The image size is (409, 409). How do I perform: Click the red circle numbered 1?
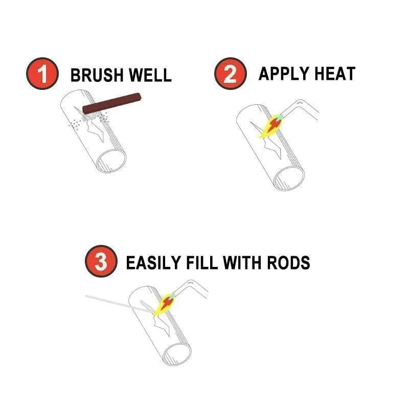[x=41, y=75]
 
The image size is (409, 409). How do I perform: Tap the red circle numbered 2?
[x=230, y=75]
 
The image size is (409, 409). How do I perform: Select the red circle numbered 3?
[x=101, y=262]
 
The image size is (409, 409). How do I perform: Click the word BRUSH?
[x=96, y=75]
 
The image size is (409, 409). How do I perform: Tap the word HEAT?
[x=334, y=74]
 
